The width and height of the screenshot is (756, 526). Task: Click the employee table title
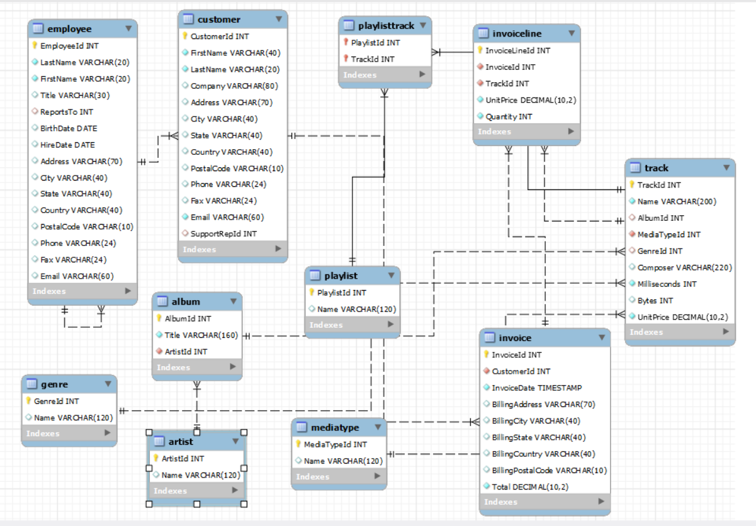click(x=69, y=28)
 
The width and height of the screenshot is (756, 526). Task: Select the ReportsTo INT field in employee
click(x=66, y=112)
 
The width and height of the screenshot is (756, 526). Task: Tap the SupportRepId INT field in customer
click(x=223, y=233)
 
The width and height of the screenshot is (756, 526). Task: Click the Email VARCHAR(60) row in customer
click(x=227, y=217)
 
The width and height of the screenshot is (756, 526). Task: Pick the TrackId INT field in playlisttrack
click(x=373, y=59)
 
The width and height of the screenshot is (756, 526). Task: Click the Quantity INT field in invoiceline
click(x=509, y=116)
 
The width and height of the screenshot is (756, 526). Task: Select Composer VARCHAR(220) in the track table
click(x=684, y=267)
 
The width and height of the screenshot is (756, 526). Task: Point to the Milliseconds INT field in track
click(x=667, y=284)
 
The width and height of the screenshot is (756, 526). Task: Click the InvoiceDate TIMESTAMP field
click(x=536, y=388)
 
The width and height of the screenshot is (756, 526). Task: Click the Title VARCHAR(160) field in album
click(x=201, y=335)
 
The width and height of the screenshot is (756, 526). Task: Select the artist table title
click(x=181, y=441)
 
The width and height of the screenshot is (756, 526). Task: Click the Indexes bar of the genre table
click(x=69, y=434)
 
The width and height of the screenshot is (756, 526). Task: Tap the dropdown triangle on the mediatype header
click(x=378, y=427)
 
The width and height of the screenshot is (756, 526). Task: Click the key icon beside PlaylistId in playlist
click(x=312, y=293)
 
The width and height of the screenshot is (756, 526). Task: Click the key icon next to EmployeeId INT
click(x=35, y=46)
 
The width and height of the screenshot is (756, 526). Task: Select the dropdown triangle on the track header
click(x=726, y=168)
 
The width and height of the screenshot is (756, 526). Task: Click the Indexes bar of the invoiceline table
click(x=526, y=131)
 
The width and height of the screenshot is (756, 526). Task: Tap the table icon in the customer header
click(x=188, y=20)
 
